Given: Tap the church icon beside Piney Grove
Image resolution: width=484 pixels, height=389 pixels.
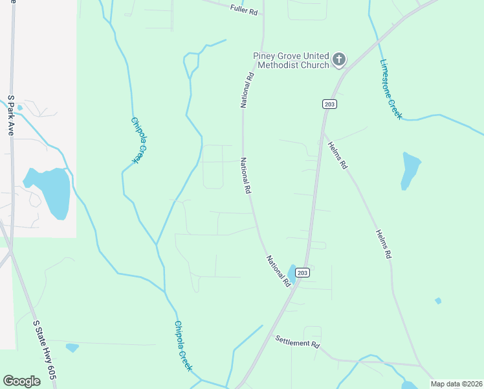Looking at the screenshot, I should click(x=338, y=60).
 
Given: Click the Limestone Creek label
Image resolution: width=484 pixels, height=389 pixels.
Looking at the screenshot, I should click(x=391, y=89).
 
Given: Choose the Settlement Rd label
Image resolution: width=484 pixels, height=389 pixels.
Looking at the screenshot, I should click(x=298, y=342).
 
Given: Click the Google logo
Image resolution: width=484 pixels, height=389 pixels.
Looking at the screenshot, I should click(x=21, y=381).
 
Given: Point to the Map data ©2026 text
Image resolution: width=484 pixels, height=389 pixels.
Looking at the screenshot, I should click(x=456, y=384).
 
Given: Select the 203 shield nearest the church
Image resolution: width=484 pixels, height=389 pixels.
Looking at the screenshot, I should click(x=329, y=104).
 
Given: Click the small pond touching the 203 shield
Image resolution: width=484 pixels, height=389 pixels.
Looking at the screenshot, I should click(x=292, y=274).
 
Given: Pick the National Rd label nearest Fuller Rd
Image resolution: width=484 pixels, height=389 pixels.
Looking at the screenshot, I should click(x=247, y=90).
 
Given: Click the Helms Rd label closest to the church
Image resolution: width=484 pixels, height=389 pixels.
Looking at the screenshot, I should click(x=336, y=156).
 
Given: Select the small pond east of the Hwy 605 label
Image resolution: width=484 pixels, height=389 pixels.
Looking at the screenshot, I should click(x=72, y=348).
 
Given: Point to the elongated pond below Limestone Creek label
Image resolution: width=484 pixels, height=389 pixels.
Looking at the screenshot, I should click(x=410, y=170).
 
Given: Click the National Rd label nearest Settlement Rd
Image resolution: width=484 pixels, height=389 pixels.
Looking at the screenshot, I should click(x=278, y=270).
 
